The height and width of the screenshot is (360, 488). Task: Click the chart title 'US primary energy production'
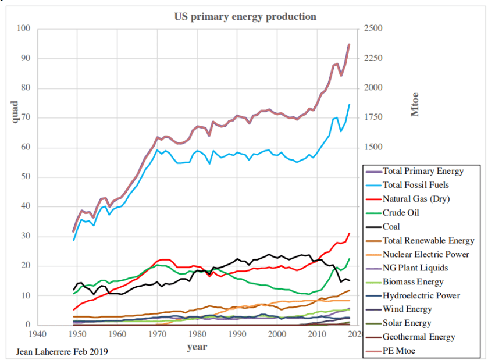[245, 16]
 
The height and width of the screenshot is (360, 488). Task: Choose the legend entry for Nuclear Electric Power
[425, 254]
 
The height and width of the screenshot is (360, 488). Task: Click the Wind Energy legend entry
[407, 309]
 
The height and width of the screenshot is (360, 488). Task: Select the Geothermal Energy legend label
[418, 337]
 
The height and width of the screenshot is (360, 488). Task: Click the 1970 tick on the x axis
[157, 334]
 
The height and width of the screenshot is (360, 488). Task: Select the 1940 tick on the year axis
[37, 334]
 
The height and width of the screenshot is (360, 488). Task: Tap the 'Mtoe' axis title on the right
[415, 104]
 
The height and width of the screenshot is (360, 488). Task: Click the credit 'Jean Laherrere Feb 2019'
[58, 351]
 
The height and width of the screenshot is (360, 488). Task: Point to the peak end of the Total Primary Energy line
[349, 44]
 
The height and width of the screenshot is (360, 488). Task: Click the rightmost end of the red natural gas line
[350, 233]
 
